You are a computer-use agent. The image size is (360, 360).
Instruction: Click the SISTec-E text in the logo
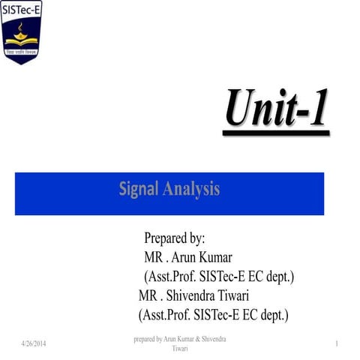pyautogui.click(x=21, y=10)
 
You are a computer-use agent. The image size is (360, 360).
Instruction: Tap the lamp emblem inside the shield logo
pyautogui.click(x=22, y=32)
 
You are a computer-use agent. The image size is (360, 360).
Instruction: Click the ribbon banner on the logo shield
pyautogui.click(x=22, y=52)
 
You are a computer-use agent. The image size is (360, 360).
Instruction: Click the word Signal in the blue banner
pyautogui.click(x=139, y=189)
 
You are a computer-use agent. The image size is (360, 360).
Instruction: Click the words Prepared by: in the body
pyautogui.click(x=174, y=239)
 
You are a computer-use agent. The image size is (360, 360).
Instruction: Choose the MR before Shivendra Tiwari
pyautogui.click(x=151, y=295)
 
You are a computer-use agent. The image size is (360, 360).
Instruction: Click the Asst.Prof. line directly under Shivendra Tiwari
pyautogui.click(x=214, y=314)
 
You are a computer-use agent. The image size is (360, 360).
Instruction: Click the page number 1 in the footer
pyautogui.click(x=338, y=343)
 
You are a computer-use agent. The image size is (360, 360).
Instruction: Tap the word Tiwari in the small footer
pyautogui.click(x=180, y=349)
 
